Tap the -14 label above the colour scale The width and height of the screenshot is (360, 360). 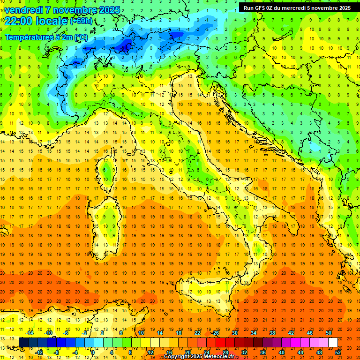(30, 333)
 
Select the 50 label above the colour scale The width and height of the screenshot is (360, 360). (328, 333)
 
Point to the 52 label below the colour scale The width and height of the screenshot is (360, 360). (338, 352)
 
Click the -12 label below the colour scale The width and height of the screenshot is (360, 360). (39, 352)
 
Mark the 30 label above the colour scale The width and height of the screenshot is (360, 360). (234, 333)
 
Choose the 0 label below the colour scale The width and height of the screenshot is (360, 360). (93, 352)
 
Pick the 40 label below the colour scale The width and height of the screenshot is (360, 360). (282, 352)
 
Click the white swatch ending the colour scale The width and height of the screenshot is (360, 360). (333, 342)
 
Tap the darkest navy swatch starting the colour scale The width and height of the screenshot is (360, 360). (24, 342)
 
